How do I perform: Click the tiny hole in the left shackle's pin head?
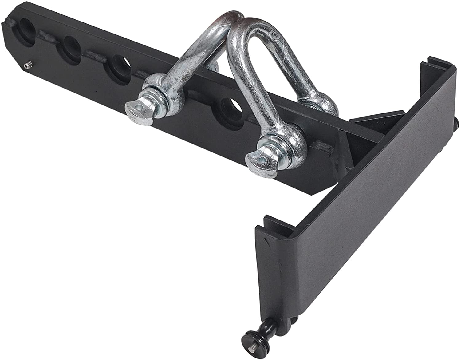coord(141,108)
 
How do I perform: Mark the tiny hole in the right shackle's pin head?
coord(261,159)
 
